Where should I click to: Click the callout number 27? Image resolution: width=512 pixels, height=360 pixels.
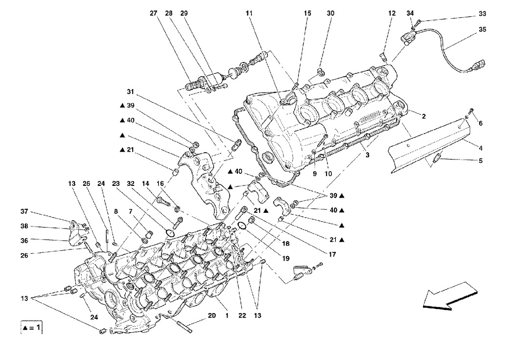(x=154, y=13)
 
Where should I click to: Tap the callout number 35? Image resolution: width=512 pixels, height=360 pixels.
(x=482, y=29)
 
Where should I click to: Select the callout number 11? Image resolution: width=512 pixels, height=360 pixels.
(x=249, y=13)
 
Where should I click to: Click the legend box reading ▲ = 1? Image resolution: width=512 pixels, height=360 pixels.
(x=32, y=327)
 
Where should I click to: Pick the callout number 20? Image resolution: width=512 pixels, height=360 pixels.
(x=212, y=315)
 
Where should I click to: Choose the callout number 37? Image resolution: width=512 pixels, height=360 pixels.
(x=24, y=211)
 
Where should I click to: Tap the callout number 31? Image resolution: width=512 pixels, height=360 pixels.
(x=131, y=92)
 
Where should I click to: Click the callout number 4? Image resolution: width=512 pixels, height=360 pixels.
(x=481, y=148)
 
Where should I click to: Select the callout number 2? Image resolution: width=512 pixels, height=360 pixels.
(x=423, y=116)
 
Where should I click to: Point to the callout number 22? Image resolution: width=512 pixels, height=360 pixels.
(x=242, y=315)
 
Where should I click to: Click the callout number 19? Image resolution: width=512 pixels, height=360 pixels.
(x=286, y=258)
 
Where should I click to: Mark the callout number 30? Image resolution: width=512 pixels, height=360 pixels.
(x=330, y=13)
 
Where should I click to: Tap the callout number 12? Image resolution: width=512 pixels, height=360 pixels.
(x=392, y=13)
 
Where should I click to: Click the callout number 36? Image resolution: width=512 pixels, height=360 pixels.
(x=24, y=241)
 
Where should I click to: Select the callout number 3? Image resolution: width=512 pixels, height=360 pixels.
(x=367, y=155)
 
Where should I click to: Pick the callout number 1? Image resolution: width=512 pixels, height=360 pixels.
(x=227, y=315)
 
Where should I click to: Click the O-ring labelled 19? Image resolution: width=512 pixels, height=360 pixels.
(x=242, y=225)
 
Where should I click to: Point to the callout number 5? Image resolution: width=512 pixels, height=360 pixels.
(x=481, y=160)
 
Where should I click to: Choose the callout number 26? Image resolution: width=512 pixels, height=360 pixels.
(x=24, y=255)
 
